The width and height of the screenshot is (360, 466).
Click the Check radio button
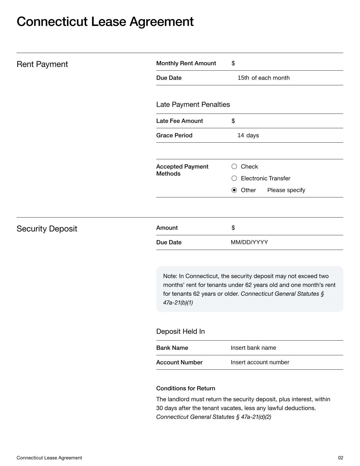234,167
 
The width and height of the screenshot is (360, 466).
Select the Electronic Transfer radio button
234,178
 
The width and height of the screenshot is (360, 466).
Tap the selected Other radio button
234,190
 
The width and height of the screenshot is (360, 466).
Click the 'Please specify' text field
286,190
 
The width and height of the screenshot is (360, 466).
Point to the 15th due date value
243,78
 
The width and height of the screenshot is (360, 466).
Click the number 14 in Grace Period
241,136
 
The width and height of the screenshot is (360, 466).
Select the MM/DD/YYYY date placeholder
249,242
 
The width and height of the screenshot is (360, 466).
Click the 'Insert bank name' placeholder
253,348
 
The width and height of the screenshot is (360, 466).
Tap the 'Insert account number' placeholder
259,362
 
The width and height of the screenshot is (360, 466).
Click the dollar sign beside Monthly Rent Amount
233,63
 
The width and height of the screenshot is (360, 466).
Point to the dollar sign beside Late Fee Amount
233,121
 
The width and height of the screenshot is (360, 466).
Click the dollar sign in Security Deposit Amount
233,228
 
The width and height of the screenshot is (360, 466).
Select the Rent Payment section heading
42,64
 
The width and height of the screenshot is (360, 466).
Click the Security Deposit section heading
47,229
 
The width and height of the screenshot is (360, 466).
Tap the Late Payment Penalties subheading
193,105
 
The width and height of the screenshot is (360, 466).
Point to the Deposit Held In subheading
180,332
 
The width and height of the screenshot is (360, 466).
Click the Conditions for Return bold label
186,389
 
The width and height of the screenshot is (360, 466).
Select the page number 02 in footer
341,458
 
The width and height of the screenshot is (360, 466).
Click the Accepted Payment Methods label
182,170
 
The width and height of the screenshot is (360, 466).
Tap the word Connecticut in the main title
52,22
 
